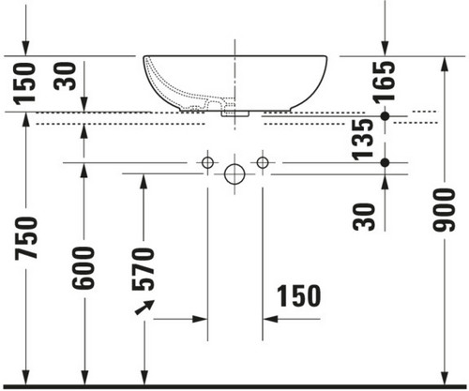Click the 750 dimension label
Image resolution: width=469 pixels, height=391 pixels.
[26, 238]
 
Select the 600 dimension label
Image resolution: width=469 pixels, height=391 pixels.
[83, 268]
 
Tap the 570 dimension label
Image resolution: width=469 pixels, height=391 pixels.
[143, 269]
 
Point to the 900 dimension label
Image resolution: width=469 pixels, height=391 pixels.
[445, 210]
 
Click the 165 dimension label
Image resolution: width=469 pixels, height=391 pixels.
[385, 83]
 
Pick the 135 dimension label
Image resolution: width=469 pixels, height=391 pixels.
[362, 140]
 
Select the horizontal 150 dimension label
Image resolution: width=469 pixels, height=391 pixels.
[299, 295]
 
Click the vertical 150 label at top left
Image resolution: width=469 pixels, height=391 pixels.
[24, 83]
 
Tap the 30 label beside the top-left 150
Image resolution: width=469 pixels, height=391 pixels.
[65, 76]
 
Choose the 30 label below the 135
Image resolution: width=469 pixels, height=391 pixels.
[364, 217]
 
